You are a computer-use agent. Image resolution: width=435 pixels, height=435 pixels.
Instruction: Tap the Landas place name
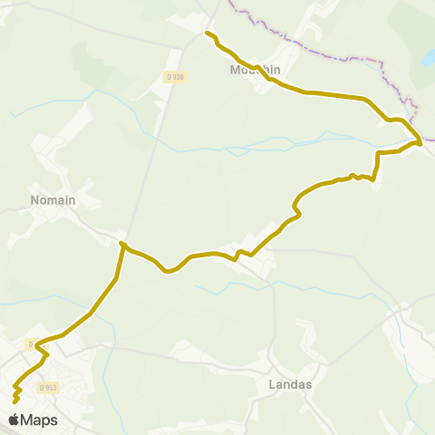point(291,383)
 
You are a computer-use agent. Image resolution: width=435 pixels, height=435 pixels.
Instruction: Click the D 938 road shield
point(175,77)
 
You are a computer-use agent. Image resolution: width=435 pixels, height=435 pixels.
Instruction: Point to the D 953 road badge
point(49,387)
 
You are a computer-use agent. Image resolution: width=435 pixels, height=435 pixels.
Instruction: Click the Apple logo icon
point(14,420)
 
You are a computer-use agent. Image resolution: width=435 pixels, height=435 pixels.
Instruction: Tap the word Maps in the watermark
point(39,420)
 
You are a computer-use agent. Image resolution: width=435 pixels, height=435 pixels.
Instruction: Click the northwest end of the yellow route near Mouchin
point(208,34)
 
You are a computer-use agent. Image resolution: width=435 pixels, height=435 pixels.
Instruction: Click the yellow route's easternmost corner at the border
point(420,142)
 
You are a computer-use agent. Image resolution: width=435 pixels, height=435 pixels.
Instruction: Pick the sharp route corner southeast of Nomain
point(121,244)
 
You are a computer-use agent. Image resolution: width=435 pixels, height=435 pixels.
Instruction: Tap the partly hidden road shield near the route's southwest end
point(31,344)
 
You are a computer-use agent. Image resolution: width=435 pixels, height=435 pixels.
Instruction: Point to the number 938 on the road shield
point(178,77)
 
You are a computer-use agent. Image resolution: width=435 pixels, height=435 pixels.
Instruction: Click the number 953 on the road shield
point(52,387)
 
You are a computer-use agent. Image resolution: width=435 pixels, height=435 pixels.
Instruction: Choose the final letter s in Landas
point(308,383)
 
